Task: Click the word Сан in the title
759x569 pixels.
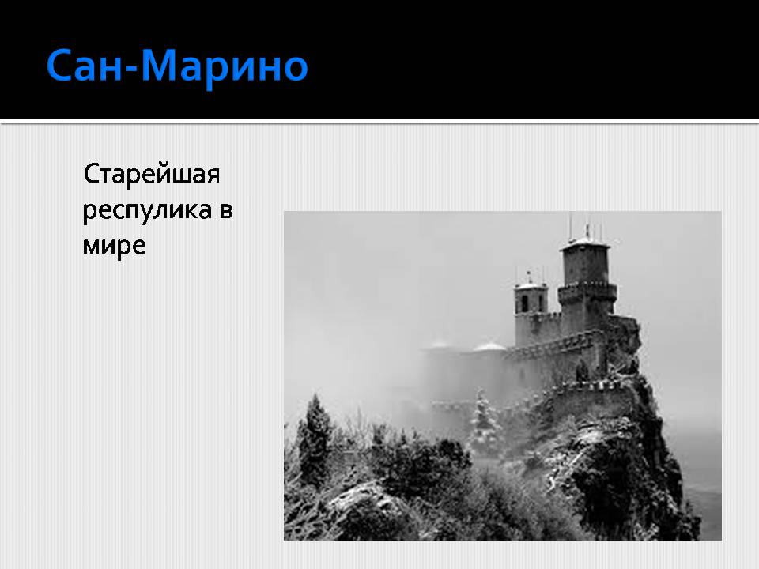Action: [85, 65]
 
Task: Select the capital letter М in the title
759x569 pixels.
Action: [160, 65]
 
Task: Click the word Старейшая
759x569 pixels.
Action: [152, 174]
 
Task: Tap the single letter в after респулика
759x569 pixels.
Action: [226, 211]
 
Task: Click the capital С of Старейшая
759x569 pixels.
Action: [91, 173]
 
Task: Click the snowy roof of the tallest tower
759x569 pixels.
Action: [584, 242]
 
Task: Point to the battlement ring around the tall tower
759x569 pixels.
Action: [587, 292]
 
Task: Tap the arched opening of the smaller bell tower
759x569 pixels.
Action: [523, 303]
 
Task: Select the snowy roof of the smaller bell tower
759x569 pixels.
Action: [531, 285]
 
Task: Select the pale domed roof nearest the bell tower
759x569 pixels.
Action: [489, 346]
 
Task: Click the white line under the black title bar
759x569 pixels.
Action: [379, 122]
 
